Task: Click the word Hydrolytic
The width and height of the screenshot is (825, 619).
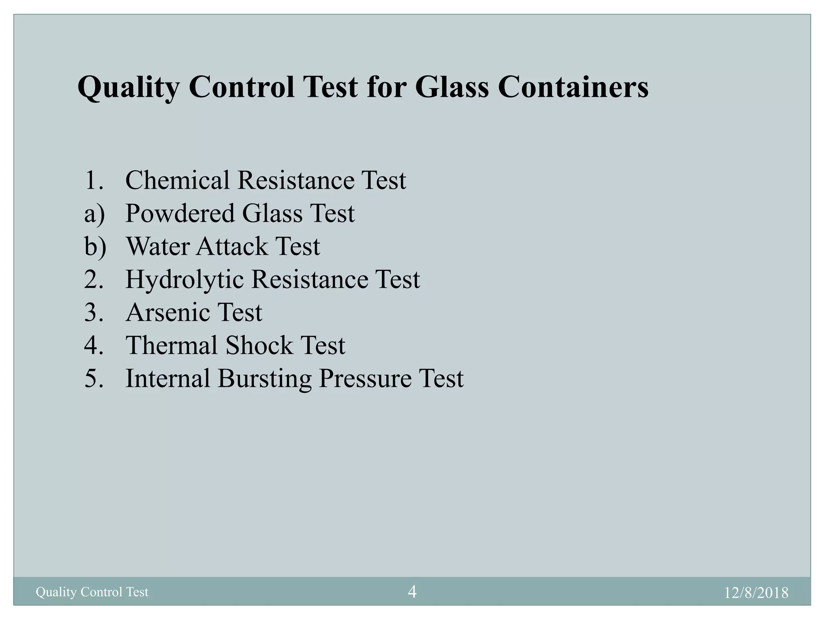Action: click(x=184, y=279)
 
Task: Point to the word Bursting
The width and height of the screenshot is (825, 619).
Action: click(x=265, y=379)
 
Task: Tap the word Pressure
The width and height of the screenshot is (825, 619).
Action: click(x=365, y=378)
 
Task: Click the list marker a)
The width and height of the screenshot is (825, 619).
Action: click(x=94, y=214)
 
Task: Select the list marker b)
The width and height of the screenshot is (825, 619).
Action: click(x=95, y=247)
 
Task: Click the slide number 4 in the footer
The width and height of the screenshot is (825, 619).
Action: click(x=412, y=592)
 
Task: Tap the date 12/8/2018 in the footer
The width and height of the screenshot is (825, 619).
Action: click(x=756, y=593)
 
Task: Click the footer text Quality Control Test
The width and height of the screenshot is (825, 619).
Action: click(x=92, y=592)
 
